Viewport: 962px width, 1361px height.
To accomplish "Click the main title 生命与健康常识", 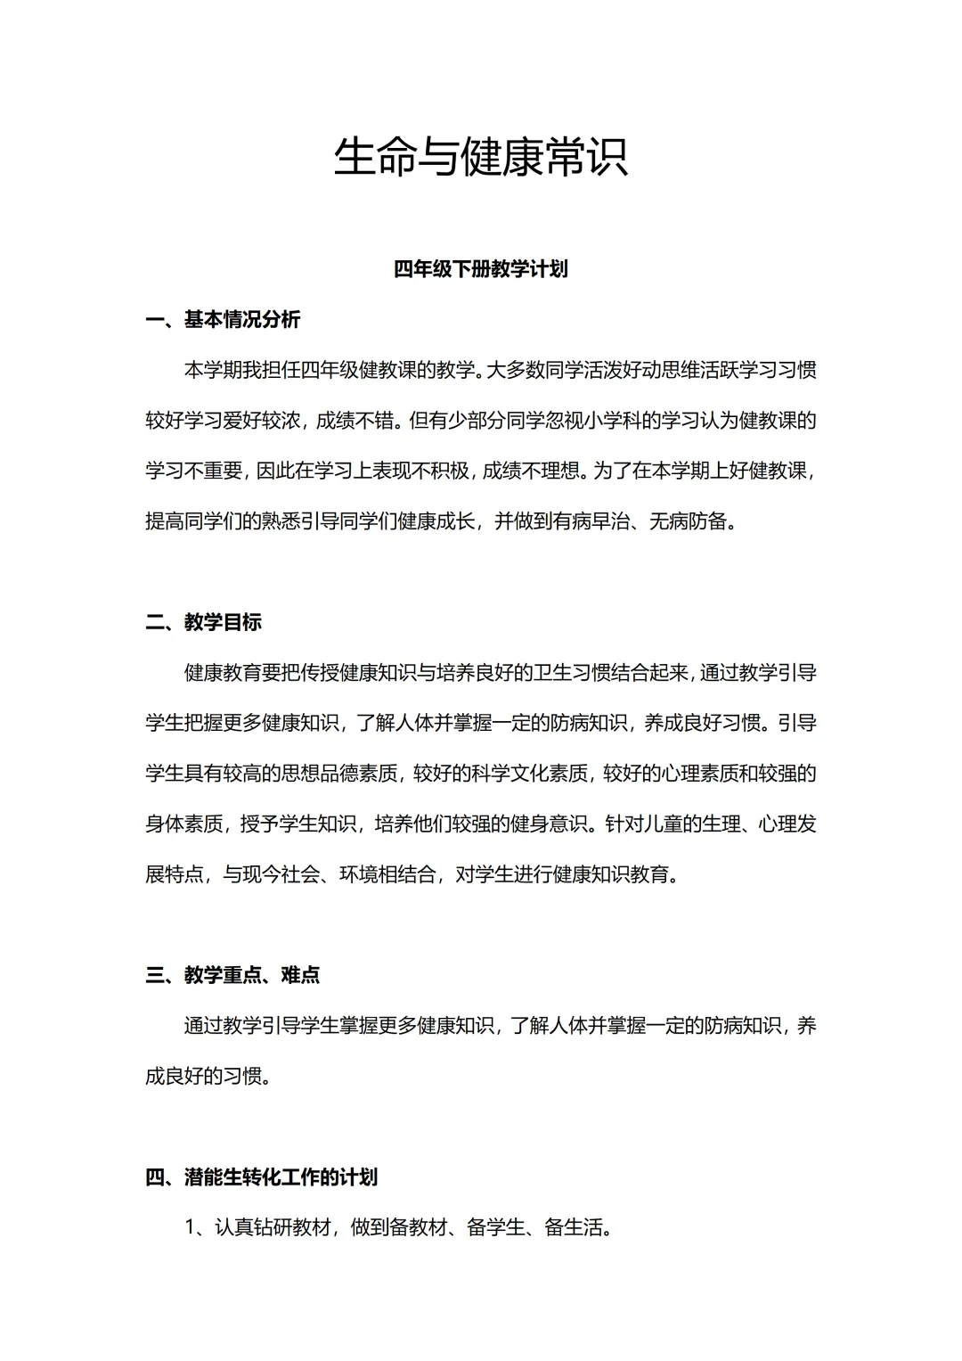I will (481, 158).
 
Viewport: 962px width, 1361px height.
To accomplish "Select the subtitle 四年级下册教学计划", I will (481, 269).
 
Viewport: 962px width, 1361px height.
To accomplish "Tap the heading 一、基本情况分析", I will (223, 319).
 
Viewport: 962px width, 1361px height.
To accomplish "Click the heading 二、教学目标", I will (203, 622).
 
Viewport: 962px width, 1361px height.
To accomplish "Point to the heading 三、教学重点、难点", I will (232, 975).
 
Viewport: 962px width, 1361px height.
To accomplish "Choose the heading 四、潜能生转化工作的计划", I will (261, 1177).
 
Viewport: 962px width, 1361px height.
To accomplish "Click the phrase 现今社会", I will (281, 874).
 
